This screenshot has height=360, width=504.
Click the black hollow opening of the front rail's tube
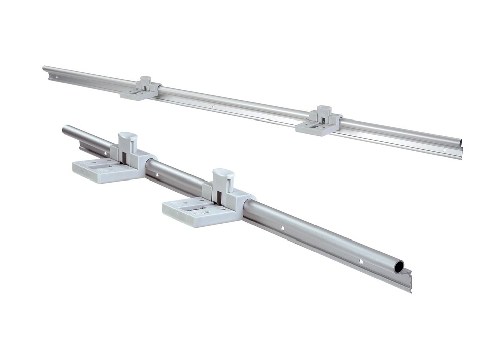click(x=399, y=266)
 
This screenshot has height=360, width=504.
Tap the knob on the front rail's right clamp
click(x=223, y=175)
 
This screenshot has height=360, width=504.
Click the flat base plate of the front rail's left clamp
click(x=101, y=169)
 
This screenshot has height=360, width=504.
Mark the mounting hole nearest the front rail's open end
click(x=360, y=261)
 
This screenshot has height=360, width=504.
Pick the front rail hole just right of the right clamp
click(x=282, y=228)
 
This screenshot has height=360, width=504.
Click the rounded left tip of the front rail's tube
click(x=65, y=129)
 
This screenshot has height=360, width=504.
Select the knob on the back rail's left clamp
click(x=146, y=79)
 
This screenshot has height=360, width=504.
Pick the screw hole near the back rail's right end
click(x=444, y=150)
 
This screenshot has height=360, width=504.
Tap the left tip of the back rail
click(x=44, y=69)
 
